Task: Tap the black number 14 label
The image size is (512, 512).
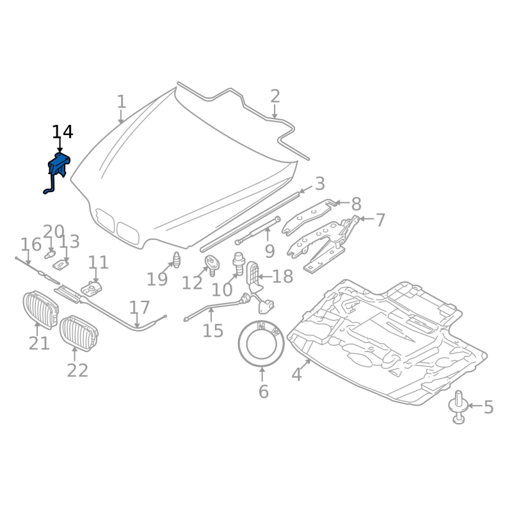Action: click(x=63, y=132)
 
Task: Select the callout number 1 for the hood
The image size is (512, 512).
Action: click(x=122, y=102)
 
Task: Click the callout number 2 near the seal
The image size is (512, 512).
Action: click(x=275, y=97)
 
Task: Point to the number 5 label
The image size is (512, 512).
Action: click(x=488, y=407)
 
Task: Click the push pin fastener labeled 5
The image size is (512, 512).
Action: click(x=459, y=408)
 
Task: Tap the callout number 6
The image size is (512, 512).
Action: click(x=263, y=392)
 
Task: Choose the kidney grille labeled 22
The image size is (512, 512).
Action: click(x=78, y=333)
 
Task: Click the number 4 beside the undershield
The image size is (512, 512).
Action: click(x=296, y=374)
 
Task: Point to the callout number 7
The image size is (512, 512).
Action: click(x=380, y=221)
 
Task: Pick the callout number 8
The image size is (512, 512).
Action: click(x=356, y=204)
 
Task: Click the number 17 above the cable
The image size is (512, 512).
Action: click(x=140, y=307)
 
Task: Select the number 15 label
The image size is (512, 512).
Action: click(x=213, y=331)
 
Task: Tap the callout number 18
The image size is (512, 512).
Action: click(x=282, y=276)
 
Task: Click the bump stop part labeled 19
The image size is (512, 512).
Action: click(x=176, y=260)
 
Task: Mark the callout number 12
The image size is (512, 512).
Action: click(x=191, y=282)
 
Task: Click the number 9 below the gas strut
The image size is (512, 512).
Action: click(x=269, y=252)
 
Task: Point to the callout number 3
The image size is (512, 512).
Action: click(x=319, y=184)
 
